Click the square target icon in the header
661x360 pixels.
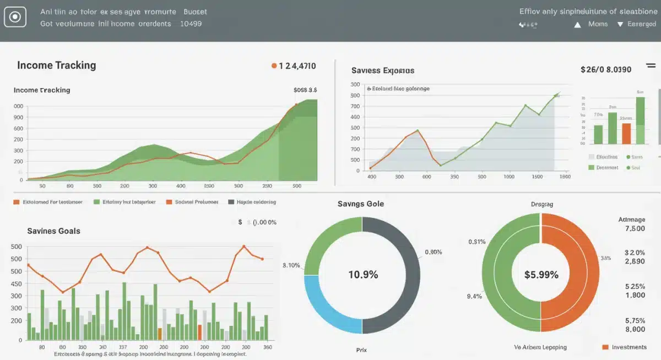(15, 18)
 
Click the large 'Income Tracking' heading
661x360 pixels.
(56, 65)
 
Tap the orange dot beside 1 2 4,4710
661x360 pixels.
(274, 66)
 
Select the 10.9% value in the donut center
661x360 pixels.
(363, 274)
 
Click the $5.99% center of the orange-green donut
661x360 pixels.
(541, 274)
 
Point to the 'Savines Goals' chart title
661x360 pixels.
(53, 231)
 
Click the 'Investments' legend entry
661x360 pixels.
(629, 347)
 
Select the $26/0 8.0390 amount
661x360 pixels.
(605, 70)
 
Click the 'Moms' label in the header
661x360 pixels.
(598, 24)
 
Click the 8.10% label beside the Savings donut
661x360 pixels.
(291, 265)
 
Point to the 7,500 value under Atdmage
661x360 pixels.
(635, 228)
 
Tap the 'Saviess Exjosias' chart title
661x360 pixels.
(382, 71)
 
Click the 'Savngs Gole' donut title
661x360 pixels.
(361, 204)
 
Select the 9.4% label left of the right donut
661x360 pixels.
(474, 296)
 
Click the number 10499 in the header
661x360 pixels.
(191, 24)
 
